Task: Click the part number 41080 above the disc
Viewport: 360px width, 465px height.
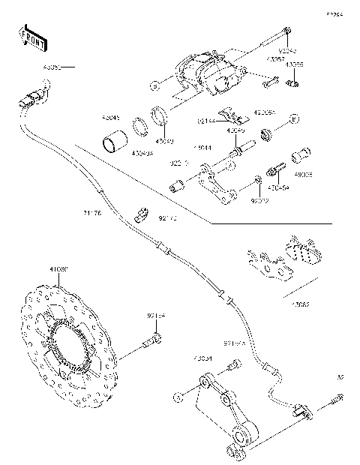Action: [58, 268]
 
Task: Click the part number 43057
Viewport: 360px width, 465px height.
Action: [274, 57]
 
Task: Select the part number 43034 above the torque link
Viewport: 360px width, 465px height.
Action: [203, 358]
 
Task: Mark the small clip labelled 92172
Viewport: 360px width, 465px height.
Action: [139, 214]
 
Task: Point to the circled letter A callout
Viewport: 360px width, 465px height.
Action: [294, 118]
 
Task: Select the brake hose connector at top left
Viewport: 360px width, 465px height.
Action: [33, 97]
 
